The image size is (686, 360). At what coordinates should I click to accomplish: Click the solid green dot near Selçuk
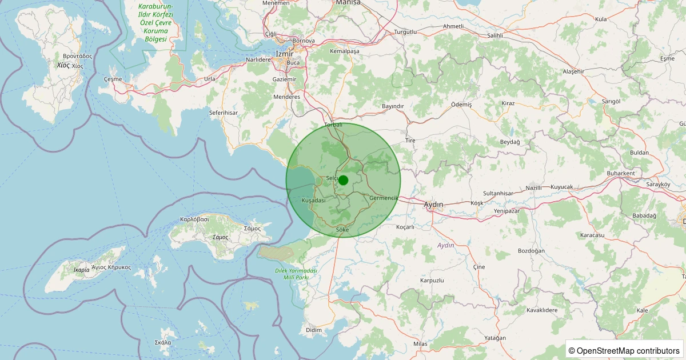pyautogui.click(x=343, y=180)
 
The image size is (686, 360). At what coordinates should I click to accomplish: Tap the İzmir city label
pyautogui.click(x=284, y=54)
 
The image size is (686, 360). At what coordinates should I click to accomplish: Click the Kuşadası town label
pyautogui.click(x=313, y=201)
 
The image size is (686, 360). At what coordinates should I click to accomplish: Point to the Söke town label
pyautogui.click(x=342, y=230)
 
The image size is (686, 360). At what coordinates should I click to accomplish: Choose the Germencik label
pyautogui.click(x=383, y=198)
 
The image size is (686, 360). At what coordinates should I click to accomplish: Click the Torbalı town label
pyautogui.click(x=333, y=125)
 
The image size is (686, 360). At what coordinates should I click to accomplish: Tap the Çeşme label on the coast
pyautogui.click(x=113, y=78)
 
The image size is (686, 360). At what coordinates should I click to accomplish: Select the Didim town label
pyautogui.click(x=314, y=330)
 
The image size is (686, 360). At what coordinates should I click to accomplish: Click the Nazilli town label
pyautogui.click(x=533, y=187)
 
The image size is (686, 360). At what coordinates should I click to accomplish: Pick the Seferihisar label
pyautogui.click(x=223, y=113)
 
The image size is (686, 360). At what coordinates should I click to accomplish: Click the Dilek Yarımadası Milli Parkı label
pyautogui.click(x=300, y=274)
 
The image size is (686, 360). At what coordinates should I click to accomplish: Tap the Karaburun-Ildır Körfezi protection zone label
pyautogui.click(x=155, y=23)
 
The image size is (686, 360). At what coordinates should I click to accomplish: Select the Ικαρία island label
pyautogui.click(x=81, y=270)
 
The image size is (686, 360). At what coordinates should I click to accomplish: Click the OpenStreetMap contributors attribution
pyautogui.click(x=624, y=350)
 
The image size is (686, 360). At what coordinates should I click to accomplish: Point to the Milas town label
pyautogui.click(x=420, y=343)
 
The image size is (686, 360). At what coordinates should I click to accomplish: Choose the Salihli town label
pyautogui.click(x=494, y=35)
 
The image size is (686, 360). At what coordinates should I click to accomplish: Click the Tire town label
pyautogui.click(x=410, y=140)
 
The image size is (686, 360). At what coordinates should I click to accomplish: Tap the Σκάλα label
pyautogui.click(x=162, y=342)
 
